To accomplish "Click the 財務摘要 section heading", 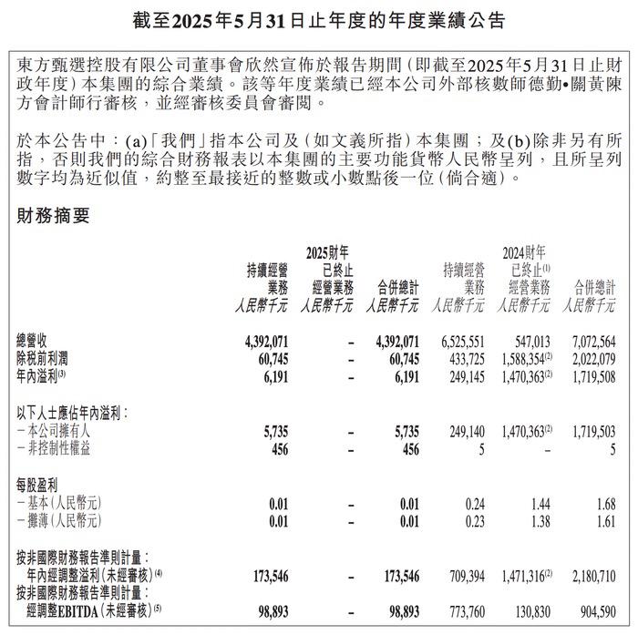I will click(x=54, y=217).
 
